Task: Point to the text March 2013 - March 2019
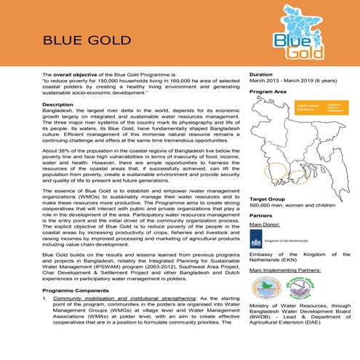280,82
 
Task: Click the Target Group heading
267,199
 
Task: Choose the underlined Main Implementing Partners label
285,270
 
